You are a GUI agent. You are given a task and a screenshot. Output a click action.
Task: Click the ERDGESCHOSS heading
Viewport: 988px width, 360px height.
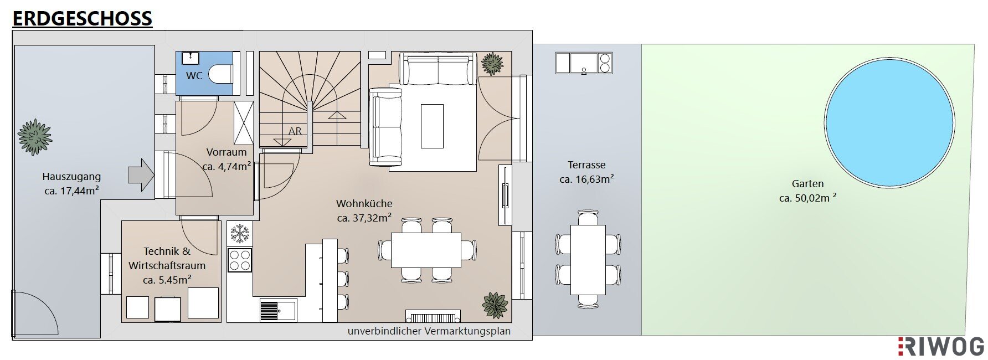tap(82, 18)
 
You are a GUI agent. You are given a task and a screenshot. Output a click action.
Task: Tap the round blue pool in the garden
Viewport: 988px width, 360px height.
tap(889, 122)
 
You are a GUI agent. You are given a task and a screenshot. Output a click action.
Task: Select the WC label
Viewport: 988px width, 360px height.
tap(194, 76)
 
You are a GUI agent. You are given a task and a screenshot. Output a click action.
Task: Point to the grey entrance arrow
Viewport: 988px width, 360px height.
tap(141, 175)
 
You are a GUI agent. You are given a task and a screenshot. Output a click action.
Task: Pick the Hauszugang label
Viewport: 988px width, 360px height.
tap(71, 177)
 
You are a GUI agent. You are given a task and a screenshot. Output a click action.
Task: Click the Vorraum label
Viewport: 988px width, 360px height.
tap(227, 152)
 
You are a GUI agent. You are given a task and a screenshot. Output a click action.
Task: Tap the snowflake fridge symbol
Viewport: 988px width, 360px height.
tap(240, 234)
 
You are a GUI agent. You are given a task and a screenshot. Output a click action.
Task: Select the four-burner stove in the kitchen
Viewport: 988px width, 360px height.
tap(240, 260)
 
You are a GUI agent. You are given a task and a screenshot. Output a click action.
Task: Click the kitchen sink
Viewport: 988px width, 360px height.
tap(278, 310)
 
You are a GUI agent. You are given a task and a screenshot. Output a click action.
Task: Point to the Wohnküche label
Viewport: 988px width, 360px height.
tap(364, 204)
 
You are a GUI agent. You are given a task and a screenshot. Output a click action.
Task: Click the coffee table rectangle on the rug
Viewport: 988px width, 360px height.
tap(432, 126)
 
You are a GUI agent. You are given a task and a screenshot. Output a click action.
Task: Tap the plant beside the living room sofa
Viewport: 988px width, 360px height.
tap(492, 64)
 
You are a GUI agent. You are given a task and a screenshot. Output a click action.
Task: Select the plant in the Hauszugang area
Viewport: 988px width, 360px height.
tap(34, 137)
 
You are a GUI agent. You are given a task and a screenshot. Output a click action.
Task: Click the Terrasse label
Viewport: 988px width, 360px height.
tap(586, 165)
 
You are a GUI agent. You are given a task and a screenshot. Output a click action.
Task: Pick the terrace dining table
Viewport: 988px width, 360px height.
tap(588, 259)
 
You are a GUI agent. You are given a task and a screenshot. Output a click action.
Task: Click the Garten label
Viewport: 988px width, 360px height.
tap(807, 184)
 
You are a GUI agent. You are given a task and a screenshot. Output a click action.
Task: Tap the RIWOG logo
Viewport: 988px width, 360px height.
tap(941, 346)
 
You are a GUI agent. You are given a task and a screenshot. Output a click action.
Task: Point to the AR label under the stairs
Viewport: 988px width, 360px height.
tap(295, 131)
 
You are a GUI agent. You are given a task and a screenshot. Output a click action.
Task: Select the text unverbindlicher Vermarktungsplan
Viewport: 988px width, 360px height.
tap(429, 331)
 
